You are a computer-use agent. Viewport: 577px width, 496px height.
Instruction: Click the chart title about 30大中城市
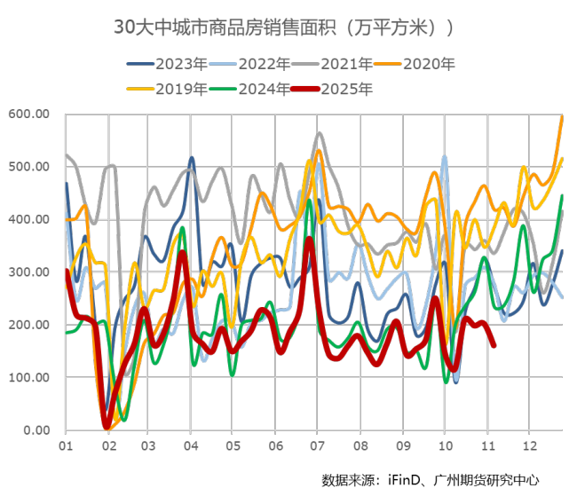tap(284, 28)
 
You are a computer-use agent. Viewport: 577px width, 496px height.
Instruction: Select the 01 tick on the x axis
tap(65, 445)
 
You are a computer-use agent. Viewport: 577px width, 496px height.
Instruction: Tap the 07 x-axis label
tap(318, 445)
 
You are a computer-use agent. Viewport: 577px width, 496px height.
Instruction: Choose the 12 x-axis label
tap(529, 445)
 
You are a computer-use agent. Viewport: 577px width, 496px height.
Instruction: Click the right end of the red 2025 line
tap(494, 345)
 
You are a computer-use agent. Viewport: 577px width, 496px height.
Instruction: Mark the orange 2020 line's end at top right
tap(562, 116)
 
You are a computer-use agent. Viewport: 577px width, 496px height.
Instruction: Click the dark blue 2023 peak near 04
tap(191, 158)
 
